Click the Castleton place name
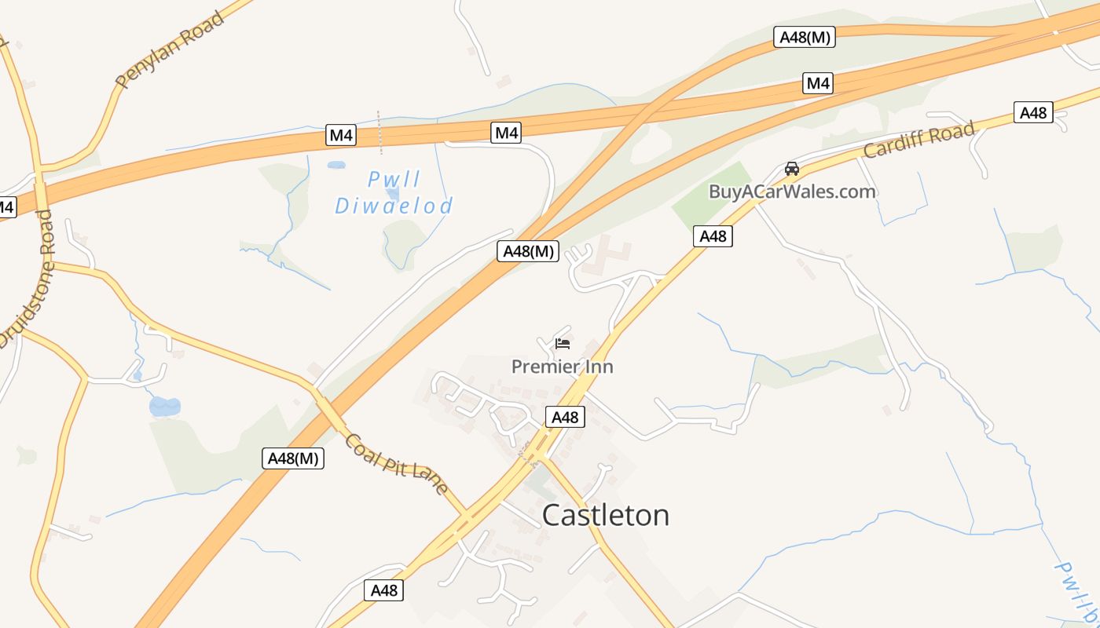click(x=606, y=516)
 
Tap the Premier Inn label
click(x=562, y=367)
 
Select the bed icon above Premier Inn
click(x=562, y=343)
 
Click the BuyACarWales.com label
click(x=792, y=192)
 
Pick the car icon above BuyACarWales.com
click(x=792, y=169)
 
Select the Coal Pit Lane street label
click(x=396, y=464)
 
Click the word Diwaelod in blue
click(x=394, y=206)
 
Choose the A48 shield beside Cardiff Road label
click(x=1033, y=113)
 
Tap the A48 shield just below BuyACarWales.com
click(x=713, y=236)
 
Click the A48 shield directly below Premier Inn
click(x=565, y=418)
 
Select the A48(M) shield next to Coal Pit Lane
click(x=293, y=458)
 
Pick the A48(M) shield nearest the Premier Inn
click(x=529, y=251)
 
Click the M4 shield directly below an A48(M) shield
click(x=818, y=83)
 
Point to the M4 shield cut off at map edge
click(x=5, y=208)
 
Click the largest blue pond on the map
click(x=164, y=406)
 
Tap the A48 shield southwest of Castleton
click(x=383, y=590)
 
